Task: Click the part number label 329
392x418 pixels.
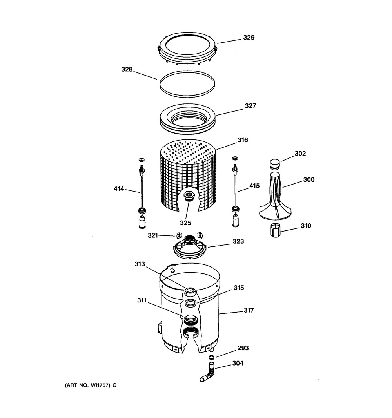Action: point(249,38)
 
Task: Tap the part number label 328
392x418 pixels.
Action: point(127,70)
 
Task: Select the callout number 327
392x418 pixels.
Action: point(250,106)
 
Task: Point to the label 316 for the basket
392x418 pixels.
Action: point(243,140)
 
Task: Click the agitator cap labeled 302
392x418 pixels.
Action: point(275,164)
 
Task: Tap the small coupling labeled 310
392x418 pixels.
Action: point(276,231)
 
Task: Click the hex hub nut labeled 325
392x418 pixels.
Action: point(189,197)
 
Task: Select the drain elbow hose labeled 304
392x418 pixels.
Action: point(208,372)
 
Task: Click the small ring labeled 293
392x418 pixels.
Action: point(211,357)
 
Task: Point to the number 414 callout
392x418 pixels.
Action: point(119,189)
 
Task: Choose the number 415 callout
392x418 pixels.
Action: point(254,186)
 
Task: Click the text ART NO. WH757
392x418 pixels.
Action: point(88,385)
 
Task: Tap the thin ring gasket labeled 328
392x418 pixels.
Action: point(187,84)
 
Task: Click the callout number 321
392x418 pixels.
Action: point(153,236)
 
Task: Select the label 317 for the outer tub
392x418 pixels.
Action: point(249,310)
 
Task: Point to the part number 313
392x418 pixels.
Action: point(140,264)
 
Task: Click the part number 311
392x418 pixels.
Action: point(142,300)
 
